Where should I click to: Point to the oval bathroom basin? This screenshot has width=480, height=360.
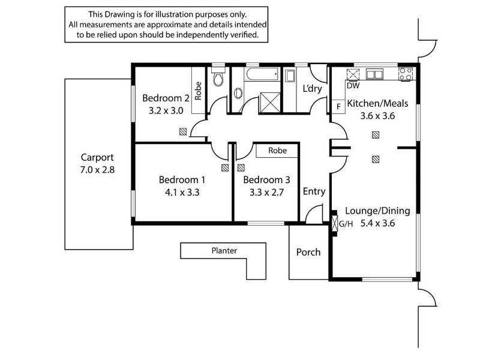238,94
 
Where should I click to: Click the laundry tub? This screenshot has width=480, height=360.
290,76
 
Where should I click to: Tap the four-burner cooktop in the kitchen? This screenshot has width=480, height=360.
406,75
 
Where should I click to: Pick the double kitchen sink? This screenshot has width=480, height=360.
375,75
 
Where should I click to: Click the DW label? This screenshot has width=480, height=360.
352,86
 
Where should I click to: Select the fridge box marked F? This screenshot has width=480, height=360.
338,106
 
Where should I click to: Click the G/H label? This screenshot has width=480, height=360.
346,224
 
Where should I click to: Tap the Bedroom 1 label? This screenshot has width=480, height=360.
182,179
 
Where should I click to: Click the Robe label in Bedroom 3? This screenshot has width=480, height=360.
277,151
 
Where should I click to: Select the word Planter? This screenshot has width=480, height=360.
224,251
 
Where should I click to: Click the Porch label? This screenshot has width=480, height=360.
308,252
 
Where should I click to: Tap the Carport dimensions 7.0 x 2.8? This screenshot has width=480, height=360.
97,169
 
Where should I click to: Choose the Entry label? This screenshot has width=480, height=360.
314,191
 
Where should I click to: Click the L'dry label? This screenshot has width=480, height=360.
312,89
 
